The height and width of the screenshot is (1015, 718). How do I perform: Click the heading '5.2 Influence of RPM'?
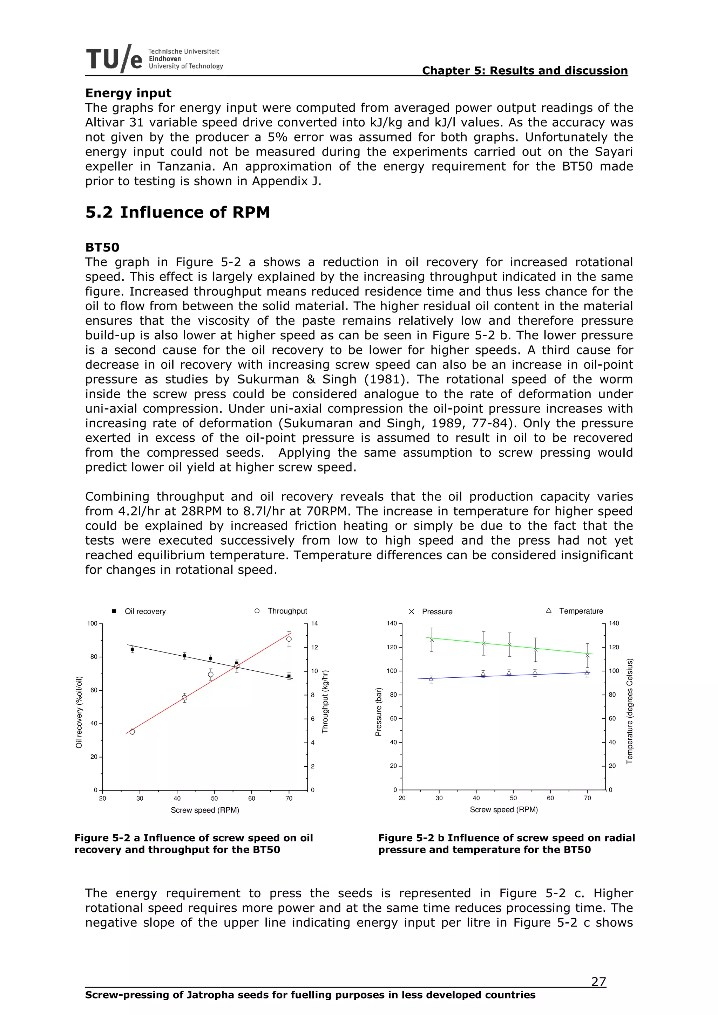[x=177, y=212]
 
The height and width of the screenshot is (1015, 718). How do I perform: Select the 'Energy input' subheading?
[x=128, y=93]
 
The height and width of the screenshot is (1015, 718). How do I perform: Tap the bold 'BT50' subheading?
[x=102, y=247]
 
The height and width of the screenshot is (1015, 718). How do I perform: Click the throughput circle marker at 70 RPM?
[x=289, y=639]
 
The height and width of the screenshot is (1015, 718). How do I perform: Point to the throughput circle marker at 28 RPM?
[x=132, y=732]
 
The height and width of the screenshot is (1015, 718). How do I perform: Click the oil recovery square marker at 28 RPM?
[x=132, y=649]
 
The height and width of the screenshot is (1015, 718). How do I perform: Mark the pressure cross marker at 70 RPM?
[x=588, y=656]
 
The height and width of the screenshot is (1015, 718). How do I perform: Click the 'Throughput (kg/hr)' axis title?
[x=325, y=702]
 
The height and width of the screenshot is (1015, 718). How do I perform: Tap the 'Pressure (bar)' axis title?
[x=378, y=712]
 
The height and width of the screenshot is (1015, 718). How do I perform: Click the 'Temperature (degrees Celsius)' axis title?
[x=630, y=711]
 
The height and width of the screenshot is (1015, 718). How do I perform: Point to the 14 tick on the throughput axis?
[x=314, y=623]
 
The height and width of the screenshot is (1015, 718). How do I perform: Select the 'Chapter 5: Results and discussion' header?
[x=525, y=71]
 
